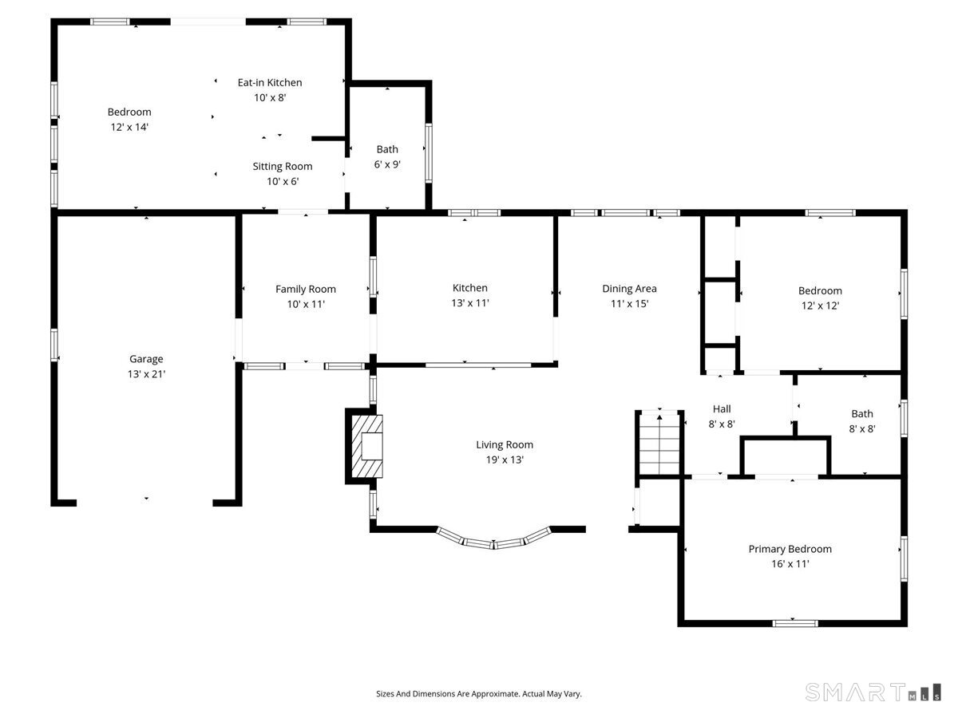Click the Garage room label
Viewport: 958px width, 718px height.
pyautogui.click(x=146, y=359)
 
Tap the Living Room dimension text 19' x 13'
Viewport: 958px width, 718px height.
pyautogui.click(x=505, y=460)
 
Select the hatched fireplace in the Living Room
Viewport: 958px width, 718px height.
pyautogui.click(x=367, y=446)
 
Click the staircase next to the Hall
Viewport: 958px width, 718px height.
pyautogui.click(x=659, y=443)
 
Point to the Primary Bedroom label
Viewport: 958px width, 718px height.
pyautogui.click(x=790, y=549)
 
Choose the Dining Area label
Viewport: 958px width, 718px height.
pyautogui.click(x=629, y=289)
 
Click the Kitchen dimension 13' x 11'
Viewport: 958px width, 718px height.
pyautogui.click(x=470, y=303)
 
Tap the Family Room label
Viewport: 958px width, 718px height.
pyautogui.click(x=306, y=289)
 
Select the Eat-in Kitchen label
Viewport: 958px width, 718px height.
pyautogui.click(x=270, y=82)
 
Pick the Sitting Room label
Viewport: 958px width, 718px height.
pyautogui.click(x=283, y=167)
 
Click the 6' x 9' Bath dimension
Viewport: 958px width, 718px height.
pyautogui.click(x=387, y=164)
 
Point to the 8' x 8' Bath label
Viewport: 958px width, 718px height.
pyautogui.click(x=862, y=414)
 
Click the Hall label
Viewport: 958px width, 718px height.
pyautogui.click(x=722, y=409)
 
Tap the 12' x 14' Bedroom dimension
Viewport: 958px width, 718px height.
pyautogui.click(x=129, y=127)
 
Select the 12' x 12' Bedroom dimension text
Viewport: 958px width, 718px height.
pyautogui.click(x=820, y=306)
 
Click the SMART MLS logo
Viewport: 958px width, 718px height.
pyautogui.click(x=873, y=692)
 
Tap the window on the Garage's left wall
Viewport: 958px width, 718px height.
pyautogui.click(x=54, y=345)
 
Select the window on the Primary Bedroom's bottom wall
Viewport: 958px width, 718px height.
pyautogui.click(x=795, y=623)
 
